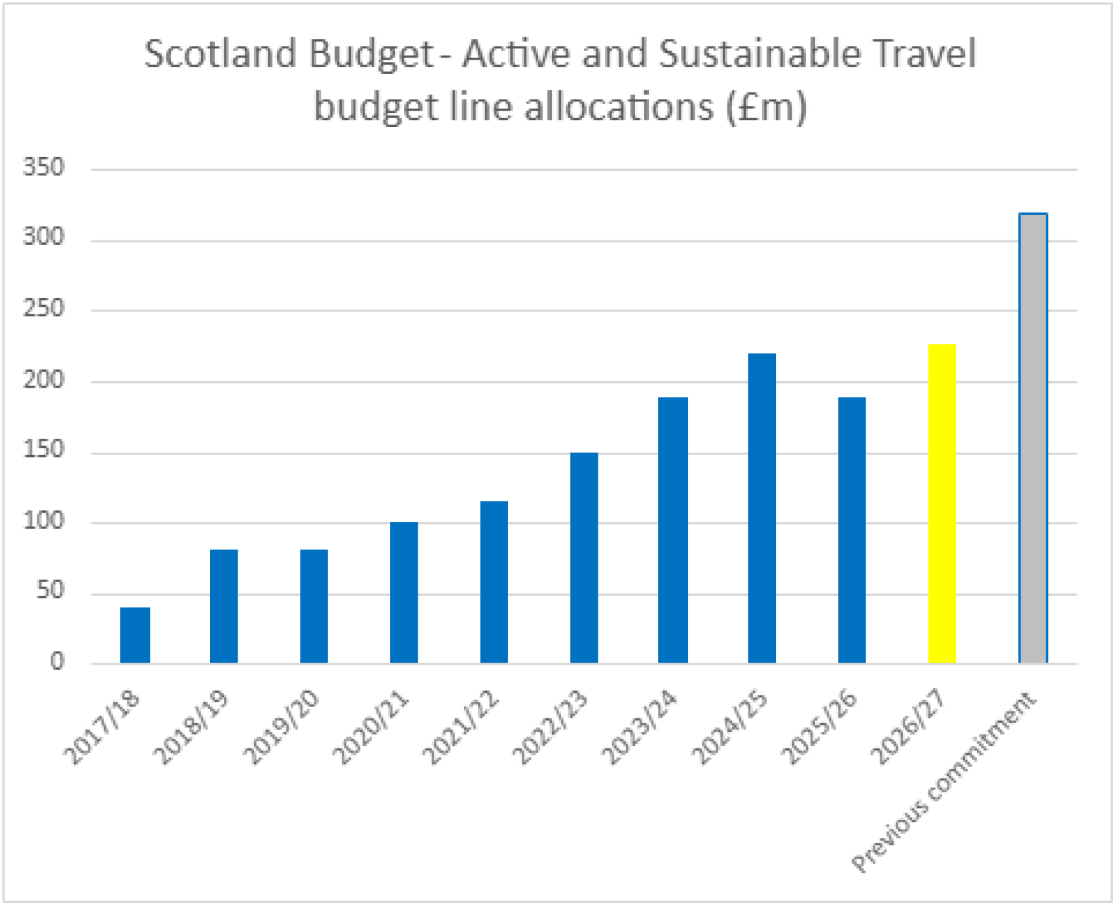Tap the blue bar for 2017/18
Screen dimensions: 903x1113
tap(135, 635)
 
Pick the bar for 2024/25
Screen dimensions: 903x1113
tap(761, 507)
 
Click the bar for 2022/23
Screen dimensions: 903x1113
tap(583, 557)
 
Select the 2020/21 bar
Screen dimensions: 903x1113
tap(404, 592)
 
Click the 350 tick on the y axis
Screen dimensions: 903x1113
tap(44, 168)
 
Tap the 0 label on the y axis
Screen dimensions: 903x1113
tap(57, 661)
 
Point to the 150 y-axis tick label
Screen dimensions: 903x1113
tap(44, 450)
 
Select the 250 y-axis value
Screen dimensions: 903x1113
tap(44, 308)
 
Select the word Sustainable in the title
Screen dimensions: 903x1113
tap(759, 54)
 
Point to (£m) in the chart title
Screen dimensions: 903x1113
tap(766, 107)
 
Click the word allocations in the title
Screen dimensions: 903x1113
tap(618, 107)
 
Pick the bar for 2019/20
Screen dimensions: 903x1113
tap(314, 606)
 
